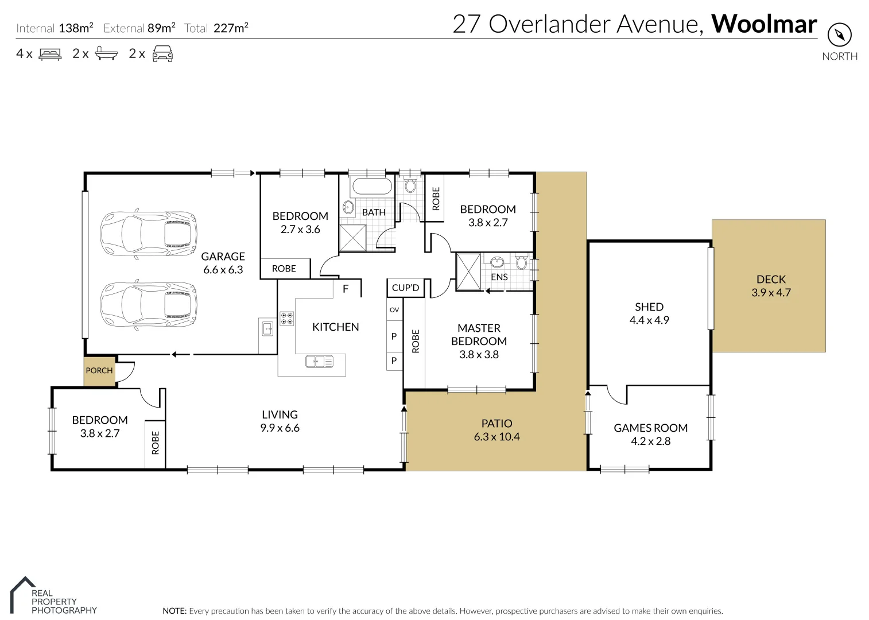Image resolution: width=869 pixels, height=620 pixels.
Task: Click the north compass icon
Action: pyautogui.click(x=840, y=35)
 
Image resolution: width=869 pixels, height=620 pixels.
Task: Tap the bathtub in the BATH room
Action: pyautogui.click(x=372, y=187)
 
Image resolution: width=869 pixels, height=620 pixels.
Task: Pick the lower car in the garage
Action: pyautogui.click(x=148, y=305)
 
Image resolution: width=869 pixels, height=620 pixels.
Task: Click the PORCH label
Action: pyautogui.click(x=99, y=370)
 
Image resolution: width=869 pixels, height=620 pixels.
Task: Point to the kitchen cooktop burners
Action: pyautogui.click(x=286, y=319)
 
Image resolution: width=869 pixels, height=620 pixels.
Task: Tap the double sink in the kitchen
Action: pyautogui.click(x=319, y=361)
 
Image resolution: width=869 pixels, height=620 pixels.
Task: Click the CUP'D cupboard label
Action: pyautogui.click(x=405, y=288)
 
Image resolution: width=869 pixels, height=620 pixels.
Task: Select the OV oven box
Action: pyautogui.click(x=394, y=309)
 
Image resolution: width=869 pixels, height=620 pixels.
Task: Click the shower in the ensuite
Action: pyautogui.click(x=468, y=272)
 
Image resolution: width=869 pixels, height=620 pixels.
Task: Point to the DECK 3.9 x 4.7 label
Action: pyautogui.click(x=771, y=285)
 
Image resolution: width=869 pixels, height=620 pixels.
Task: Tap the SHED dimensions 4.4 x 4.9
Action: pyautogui.click(x=649, y=320)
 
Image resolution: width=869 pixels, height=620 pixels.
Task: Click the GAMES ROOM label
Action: pyautogui.click(x=650, y=428)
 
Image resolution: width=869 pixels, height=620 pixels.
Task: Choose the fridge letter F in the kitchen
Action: pyautogui.click(x=346, y=289)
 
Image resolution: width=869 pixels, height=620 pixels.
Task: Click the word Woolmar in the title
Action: pyautogui.click(x=764, y=24)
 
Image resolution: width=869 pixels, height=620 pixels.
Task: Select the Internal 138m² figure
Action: pyautogui.click(x=55, y=28)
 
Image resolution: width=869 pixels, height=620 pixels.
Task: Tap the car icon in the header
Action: pyautogui.click(x=162, y=53)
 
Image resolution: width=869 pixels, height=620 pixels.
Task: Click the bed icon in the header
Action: pyautogui.click(x=50, y=54)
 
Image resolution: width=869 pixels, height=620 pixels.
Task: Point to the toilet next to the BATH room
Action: pyautogui.click(x=410, y=185)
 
